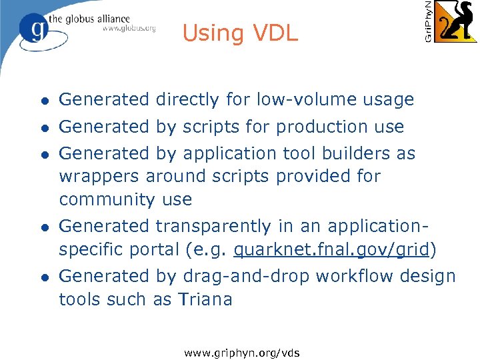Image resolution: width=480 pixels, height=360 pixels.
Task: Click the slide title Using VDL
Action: pos(240,33)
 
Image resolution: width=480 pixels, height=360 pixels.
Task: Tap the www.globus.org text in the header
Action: pos(129,28)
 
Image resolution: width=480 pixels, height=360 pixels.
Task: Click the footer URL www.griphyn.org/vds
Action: pos(242,352)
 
